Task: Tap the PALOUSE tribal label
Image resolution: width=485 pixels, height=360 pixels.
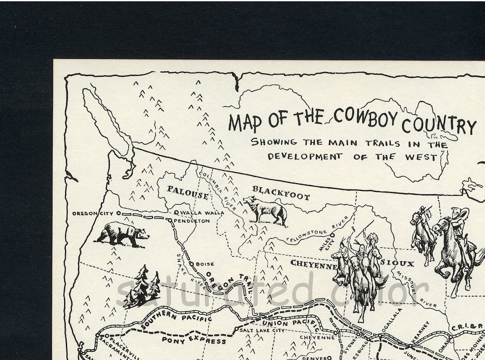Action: [187, 192]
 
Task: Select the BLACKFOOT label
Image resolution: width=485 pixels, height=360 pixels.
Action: [281, 193]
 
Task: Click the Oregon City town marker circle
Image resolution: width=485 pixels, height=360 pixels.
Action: [118, 213]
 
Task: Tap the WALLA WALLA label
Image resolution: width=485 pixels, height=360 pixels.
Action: [201, 212]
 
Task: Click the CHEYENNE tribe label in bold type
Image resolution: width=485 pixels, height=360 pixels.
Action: [313, 264]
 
